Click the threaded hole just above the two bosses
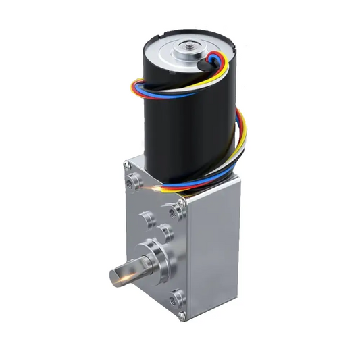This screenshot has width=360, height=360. (178, 211)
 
